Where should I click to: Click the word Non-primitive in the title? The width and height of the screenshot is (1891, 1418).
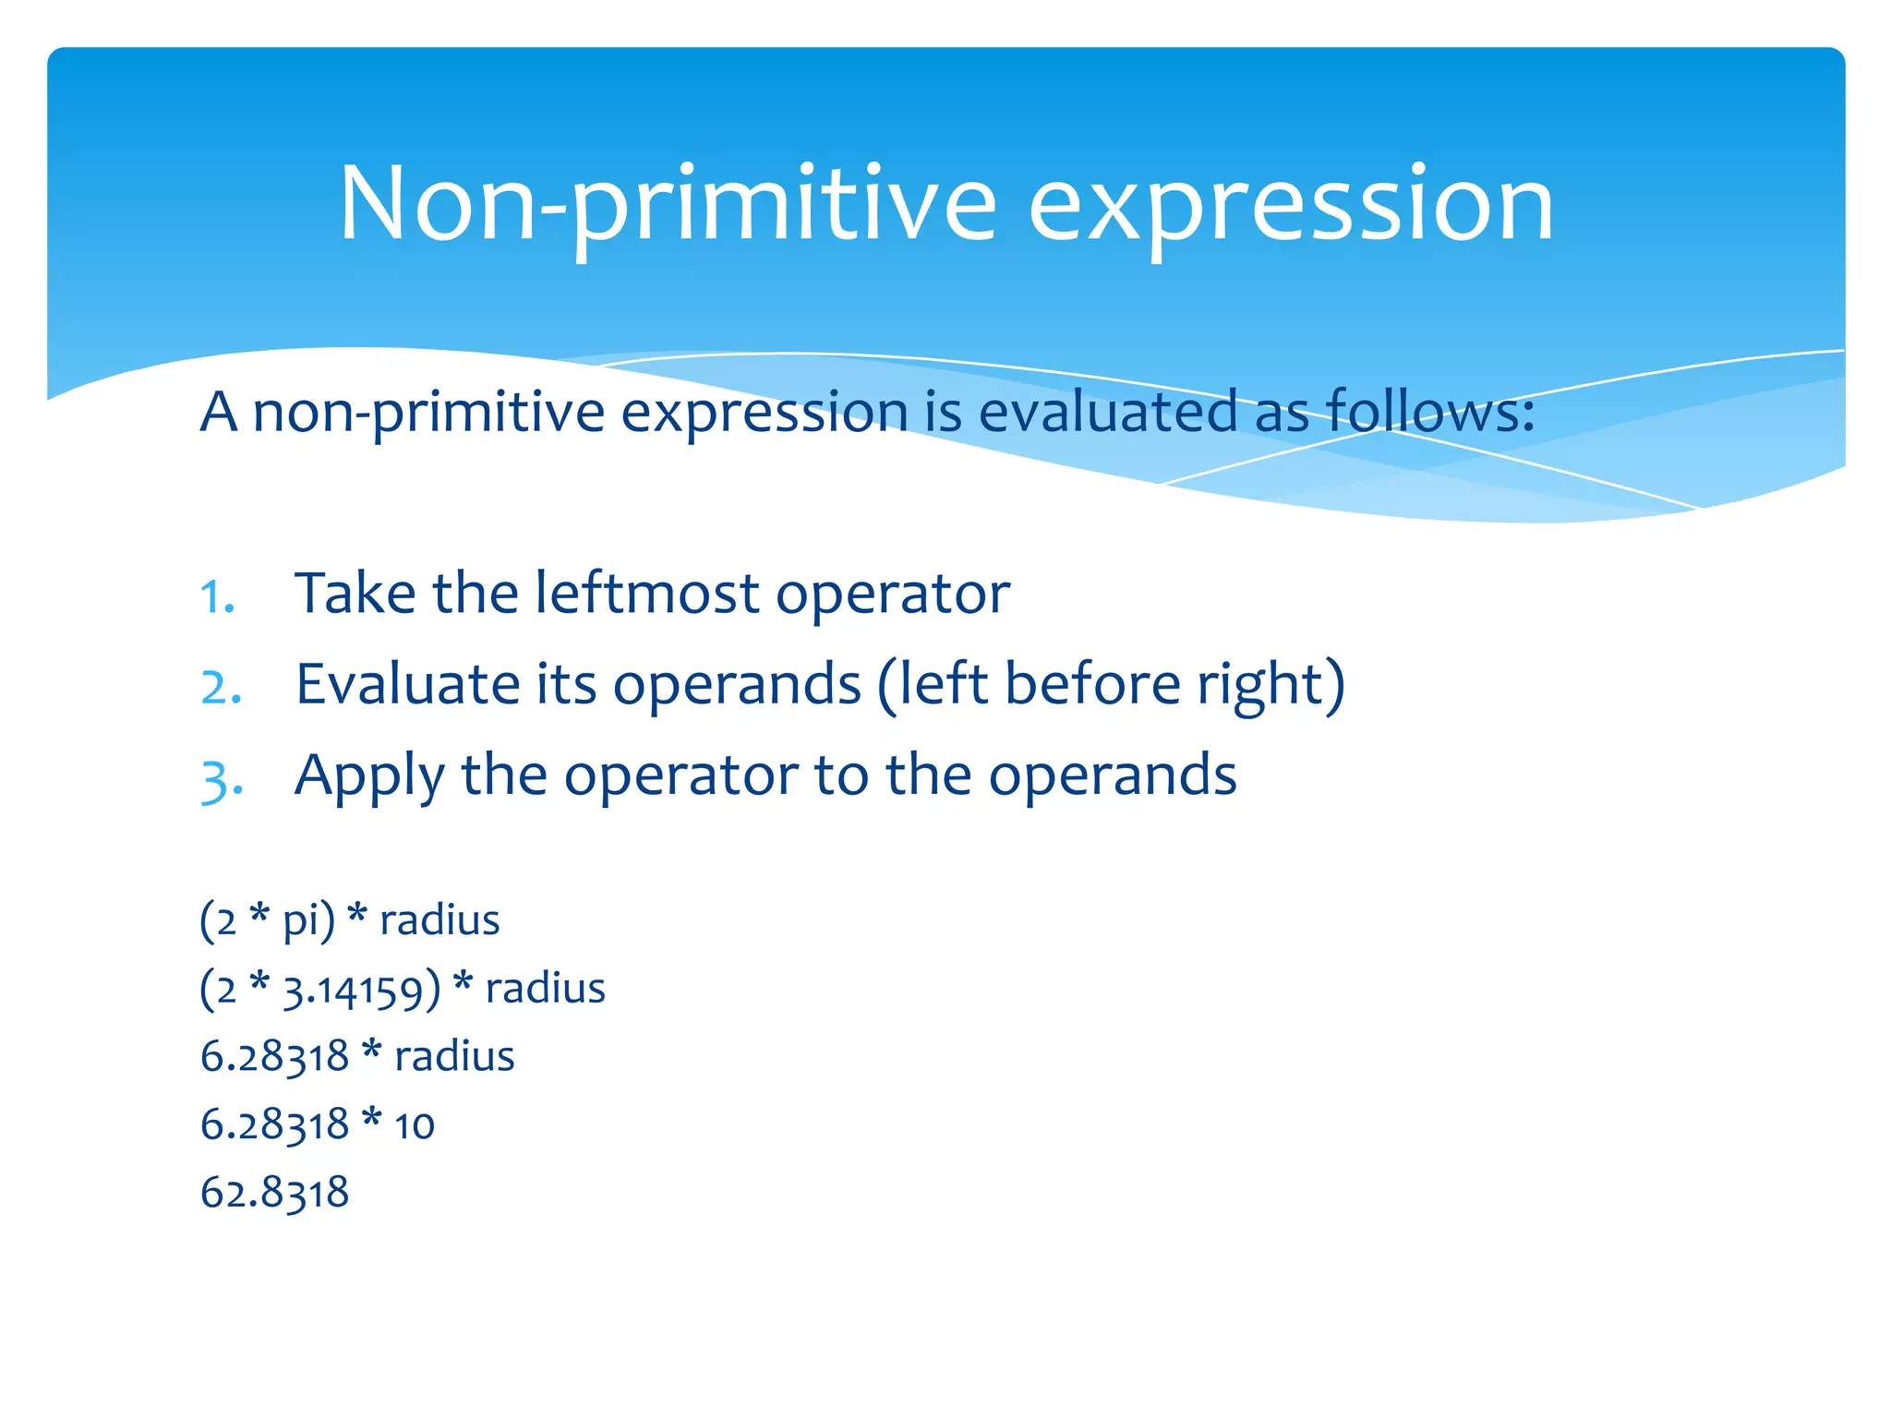click(667, 205)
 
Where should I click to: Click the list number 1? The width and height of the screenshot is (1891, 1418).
click(218, 597)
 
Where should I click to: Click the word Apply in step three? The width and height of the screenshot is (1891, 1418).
click(369, 775)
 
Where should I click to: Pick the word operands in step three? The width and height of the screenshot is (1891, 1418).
click(1113, 775)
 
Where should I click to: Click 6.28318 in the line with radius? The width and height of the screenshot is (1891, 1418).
click(274, 1056)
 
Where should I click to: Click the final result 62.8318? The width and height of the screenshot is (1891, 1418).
click(274, 1192)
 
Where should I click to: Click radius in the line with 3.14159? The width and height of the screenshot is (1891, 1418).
click(545, 988)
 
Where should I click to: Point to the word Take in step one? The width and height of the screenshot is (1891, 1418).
click(355, 593)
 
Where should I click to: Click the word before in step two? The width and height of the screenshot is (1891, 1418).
click(1092, 684)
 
